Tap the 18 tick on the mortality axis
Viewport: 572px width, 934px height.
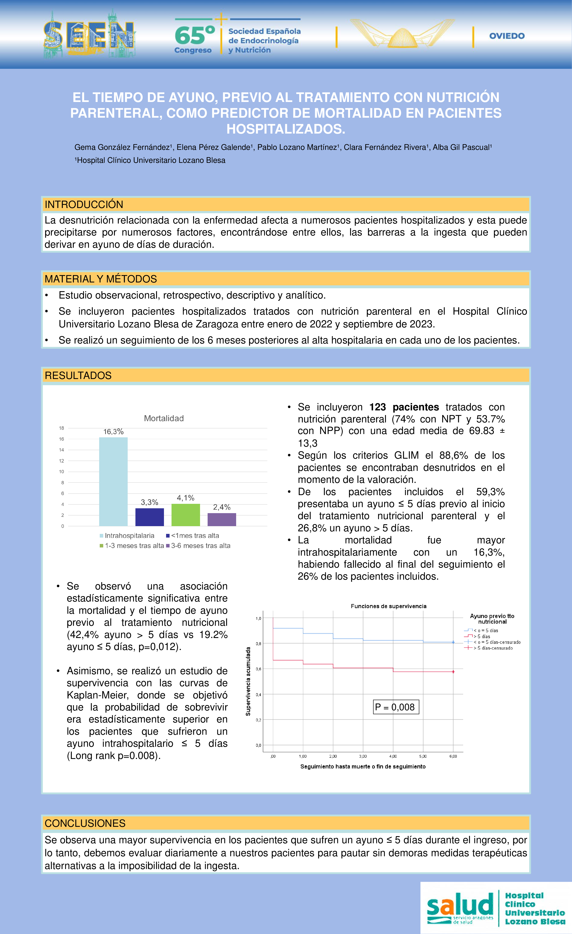(62, 428)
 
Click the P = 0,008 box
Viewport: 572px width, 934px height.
(396, 707)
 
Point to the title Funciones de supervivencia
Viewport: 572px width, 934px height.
(388, 606)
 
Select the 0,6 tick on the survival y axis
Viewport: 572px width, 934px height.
(258, 669)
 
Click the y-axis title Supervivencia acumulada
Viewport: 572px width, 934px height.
(248, 681)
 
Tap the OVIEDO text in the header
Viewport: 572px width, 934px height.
(507, 36)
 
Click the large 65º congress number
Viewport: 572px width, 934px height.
(194, 35)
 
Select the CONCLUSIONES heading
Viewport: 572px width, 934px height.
(85, 823)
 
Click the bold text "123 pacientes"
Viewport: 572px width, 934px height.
(404, 407)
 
